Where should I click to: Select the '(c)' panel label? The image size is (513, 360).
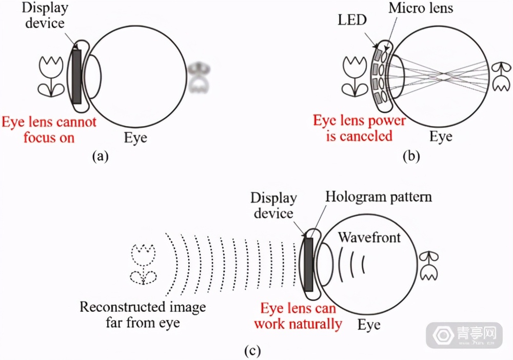(x=252, y=351)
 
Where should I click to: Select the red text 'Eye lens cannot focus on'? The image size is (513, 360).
(x=49, y=130)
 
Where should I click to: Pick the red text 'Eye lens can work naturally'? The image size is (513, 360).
(x=298, y=316)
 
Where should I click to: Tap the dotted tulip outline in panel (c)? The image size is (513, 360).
(x=143, y=264)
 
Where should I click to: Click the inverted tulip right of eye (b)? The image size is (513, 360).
(x=498, y=77)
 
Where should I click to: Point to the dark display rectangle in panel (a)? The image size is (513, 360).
(x=77, y=76)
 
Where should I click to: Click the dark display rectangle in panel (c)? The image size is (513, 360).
(x=310, y=263)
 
